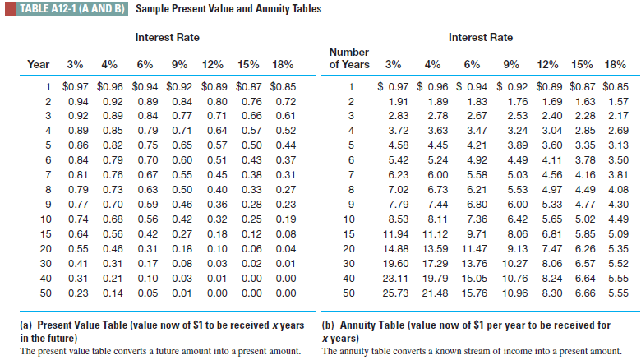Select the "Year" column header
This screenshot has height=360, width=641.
coord(39,64)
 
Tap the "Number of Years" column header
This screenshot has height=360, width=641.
coord(348,58)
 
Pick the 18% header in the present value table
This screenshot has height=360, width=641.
coord(283,64)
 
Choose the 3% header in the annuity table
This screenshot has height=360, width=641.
coord(394,64)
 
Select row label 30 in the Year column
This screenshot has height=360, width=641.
coord(46,264)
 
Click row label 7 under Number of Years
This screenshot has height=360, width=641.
coord(350,175)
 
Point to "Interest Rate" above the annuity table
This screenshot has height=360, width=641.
coord(480,38)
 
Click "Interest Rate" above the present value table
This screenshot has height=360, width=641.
coord(167,38)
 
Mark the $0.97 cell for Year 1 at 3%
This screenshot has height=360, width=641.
coord(79,86)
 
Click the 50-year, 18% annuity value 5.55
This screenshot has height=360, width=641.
coord(618,293)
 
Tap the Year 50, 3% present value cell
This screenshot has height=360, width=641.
coord(79,293)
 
